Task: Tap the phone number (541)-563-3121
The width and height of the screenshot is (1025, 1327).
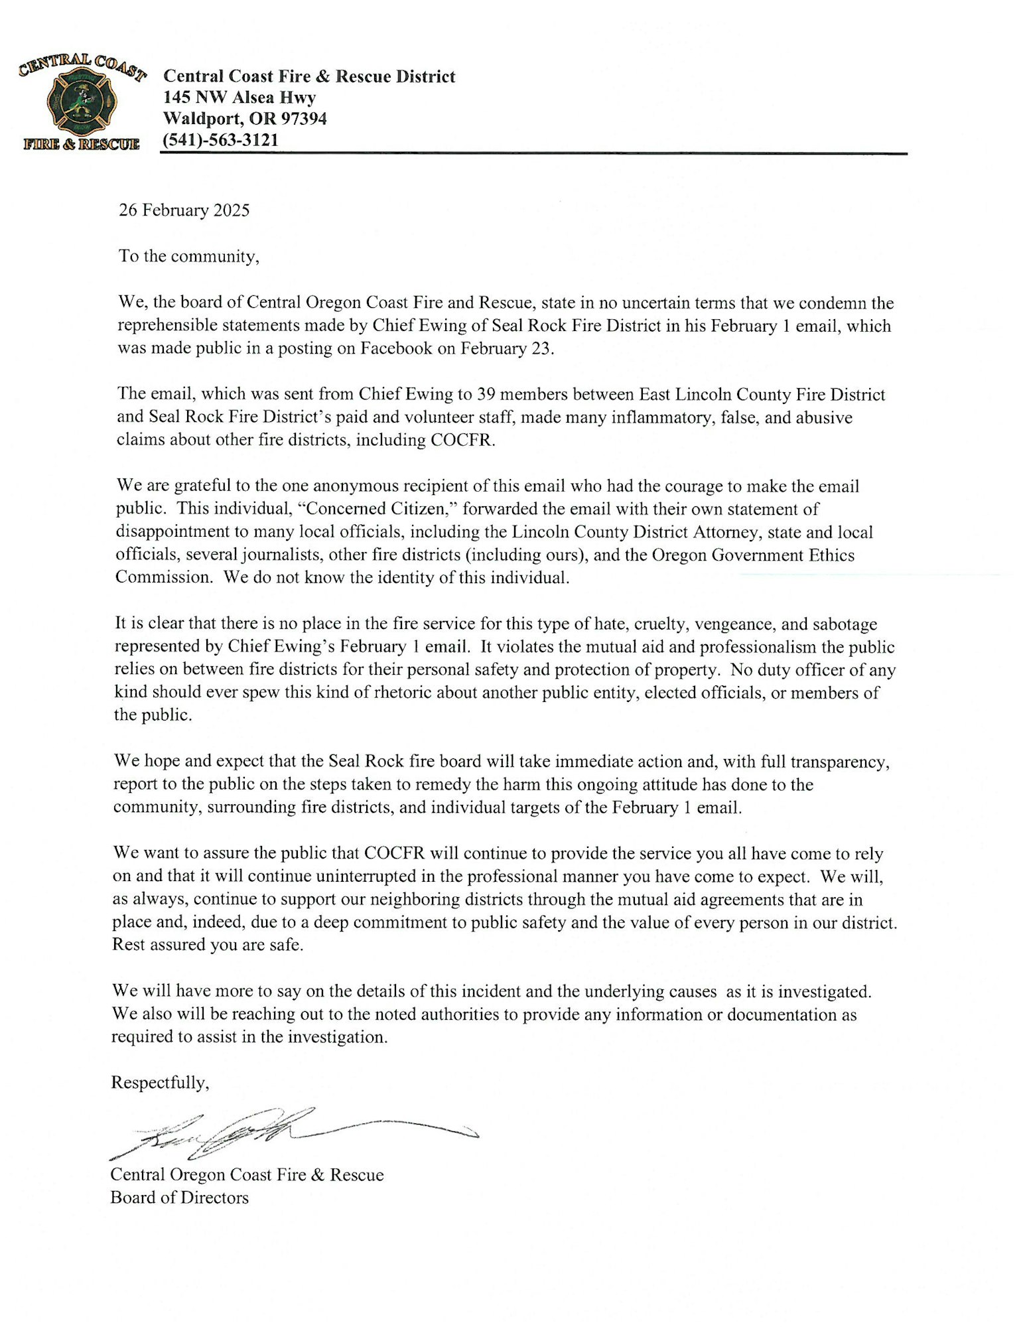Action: point(221,140)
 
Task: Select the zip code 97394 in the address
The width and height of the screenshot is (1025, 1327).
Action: point(303,119)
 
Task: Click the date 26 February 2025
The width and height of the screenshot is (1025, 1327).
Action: point(184,210)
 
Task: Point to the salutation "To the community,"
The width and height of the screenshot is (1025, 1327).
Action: point(188,256)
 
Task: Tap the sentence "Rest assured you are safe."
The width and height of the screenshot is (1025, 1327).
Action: point(208,945)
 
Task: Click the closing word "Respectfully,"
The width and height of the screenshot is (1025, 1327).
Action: point(160,1083)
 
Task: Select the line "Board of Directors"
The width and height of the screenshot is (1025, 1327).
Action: point(179,1198)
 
